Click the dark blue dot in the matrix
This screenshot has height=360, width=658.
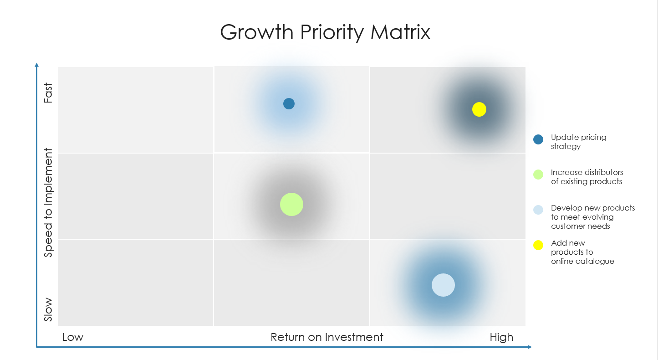coord(289,104)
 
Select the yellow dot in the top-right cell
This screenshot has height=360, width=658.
coord(479,109)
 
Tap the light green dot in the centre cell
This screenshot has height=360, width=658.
coord(291,204)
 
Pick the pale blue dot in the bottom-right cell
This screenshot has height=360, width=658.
coord(443,285)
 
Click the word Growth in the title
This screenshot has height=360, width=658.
coord(256,33)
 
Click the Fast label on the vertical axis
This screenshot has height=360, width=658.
coord(48,93)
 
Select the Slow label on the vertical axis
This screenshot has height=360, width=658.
coord(48,310)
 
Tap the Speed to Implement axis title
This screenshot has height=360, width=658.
coord(48,203)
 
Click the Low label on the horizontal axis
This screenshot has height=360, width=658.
coord(73,337)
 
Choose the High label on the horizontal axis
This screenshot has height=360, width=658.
coord(501,337)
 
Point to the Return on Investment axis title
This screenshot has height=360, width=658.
coord(327,337)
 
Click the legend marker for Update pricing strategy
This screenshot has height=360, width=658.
coord(538,139)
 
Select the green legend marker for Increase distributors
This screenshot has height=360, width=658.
coord(538,175)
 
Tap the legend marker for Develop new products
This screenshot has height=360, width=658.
coord(538,210)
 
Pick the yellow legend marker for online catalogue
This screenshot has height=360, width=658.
coord(538,245)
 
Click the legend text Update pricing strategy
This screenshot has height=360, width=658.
coord(578,142)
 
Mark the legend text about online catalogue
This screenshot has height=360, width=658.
coord(582,252)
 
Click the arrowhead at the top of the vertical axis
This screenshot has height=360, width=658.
coord(37,65)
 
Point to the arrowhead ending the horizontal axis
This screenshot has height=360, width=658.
coord(529,347)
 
